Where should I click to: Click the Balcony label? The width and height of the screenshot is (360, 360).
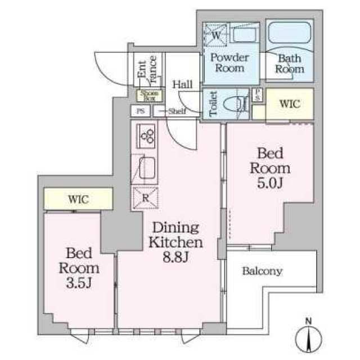point(262,271)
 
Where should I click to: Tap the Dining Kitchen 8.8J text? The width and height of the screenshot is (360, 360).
point(176,242)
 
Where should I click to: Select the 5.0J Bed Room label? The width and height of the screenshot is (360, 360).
point(270,168)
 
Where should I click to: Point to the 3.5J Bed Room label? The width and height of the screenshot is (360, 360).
point(79,268)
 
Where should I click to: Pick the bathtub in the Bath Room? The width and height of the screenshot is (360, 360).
point(290,33)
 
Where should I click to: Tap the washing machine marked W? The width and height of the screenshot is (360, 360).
point(216,35)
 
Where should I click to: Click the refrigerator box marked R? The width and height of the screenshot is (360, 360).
point(146,198)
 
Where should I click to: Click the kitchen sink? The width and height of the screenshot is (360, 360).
point(147,168)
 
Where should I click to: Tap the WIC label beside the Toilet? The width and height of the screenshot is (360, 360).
point(290,103)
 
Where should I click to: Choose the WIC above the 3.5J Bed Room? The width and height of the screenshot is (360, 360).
point(79,199)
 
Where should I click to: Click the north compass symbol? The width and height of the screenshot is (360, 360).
point(309,337)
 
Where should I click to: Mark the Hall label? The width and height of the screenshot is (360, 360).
point(182,84)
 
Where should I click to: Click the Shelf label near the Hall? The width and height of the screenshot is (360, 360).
point(177,111)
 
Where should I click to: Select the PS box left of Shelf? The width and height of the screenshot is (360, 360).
point(141,111)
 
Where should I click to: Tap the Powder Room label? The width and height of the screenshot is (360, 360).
point(230,63)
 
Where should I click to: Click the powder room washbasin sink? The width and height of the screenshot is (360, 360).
point(244,34)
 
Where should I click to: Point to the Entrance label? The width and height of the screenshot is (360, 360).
point(147,69)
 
